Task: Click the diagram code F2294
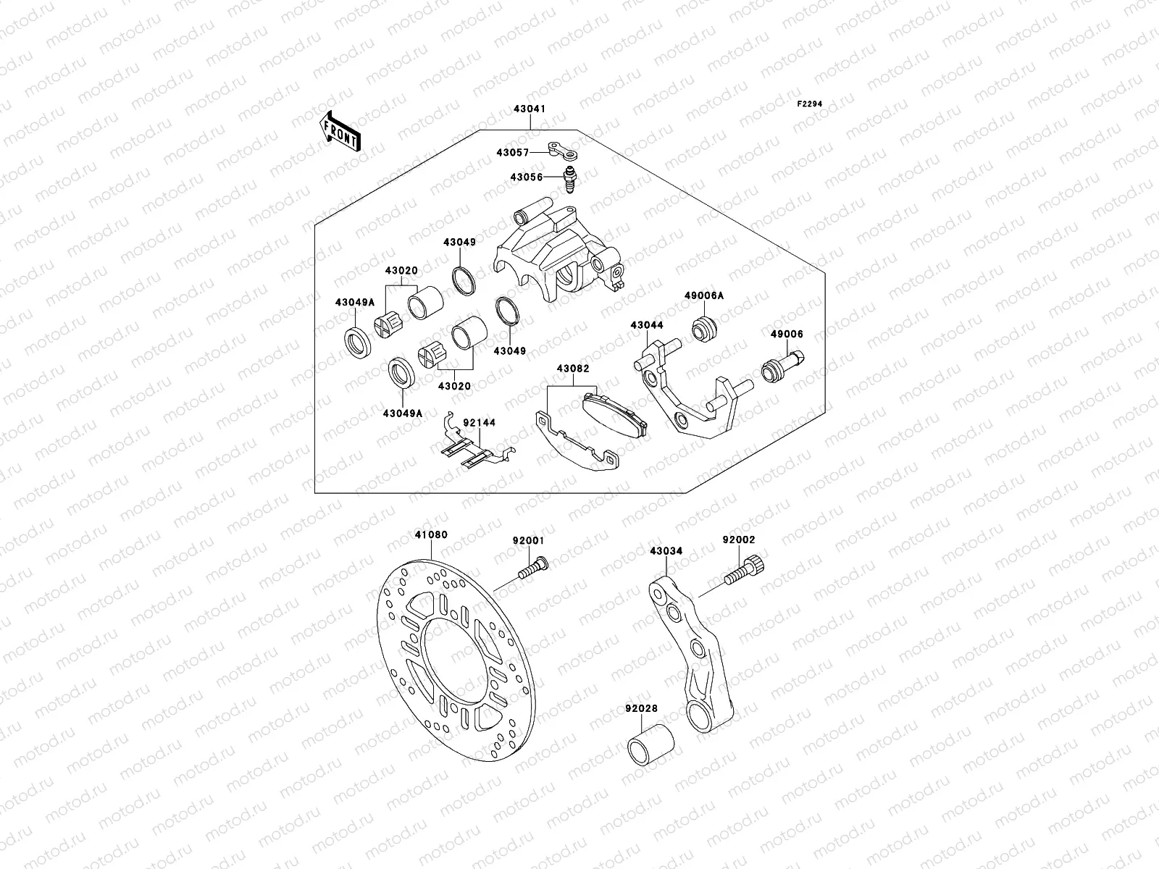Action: coord(811,104)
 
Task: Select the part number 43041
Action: coord(531,109)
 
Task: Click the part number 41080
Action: coord(431,535)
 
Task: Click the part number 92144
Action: coord(479,423)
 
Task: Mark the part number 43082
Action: coord(572,369)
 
